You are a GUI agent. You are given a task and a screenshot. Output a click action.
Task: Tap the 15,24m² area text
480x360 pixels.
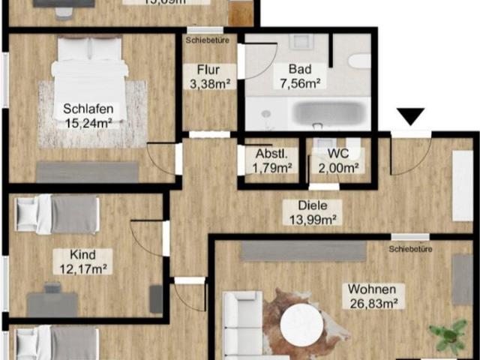84,123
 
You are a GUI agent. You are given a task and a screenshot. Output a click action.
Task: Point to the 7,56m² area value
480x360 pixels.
301,82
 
